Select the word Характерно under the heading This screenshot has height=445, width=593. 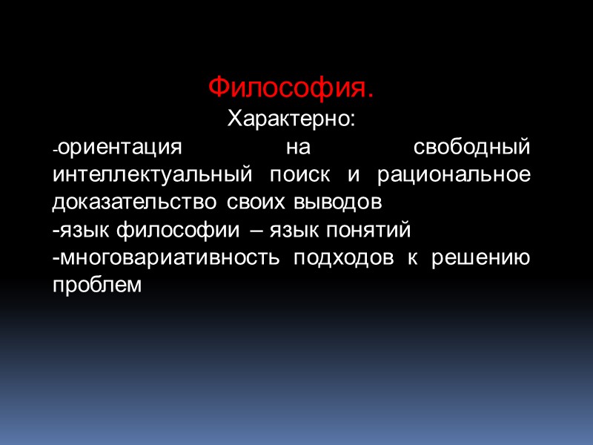click(x=290, y=119)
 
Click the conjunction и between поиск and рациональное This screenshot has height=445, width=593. click(x=355, y=175)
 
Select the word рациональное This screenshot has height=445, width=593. click(x=454, y=175)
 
